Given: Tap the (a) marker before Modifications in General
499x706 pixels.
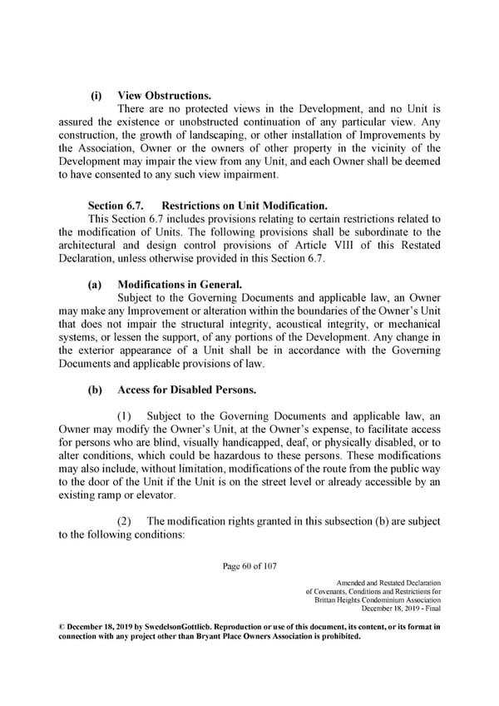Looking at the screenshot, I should (x=95, y=284).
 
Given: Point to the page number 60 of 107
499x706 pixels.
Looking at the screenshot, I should (x=249, y=569).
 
